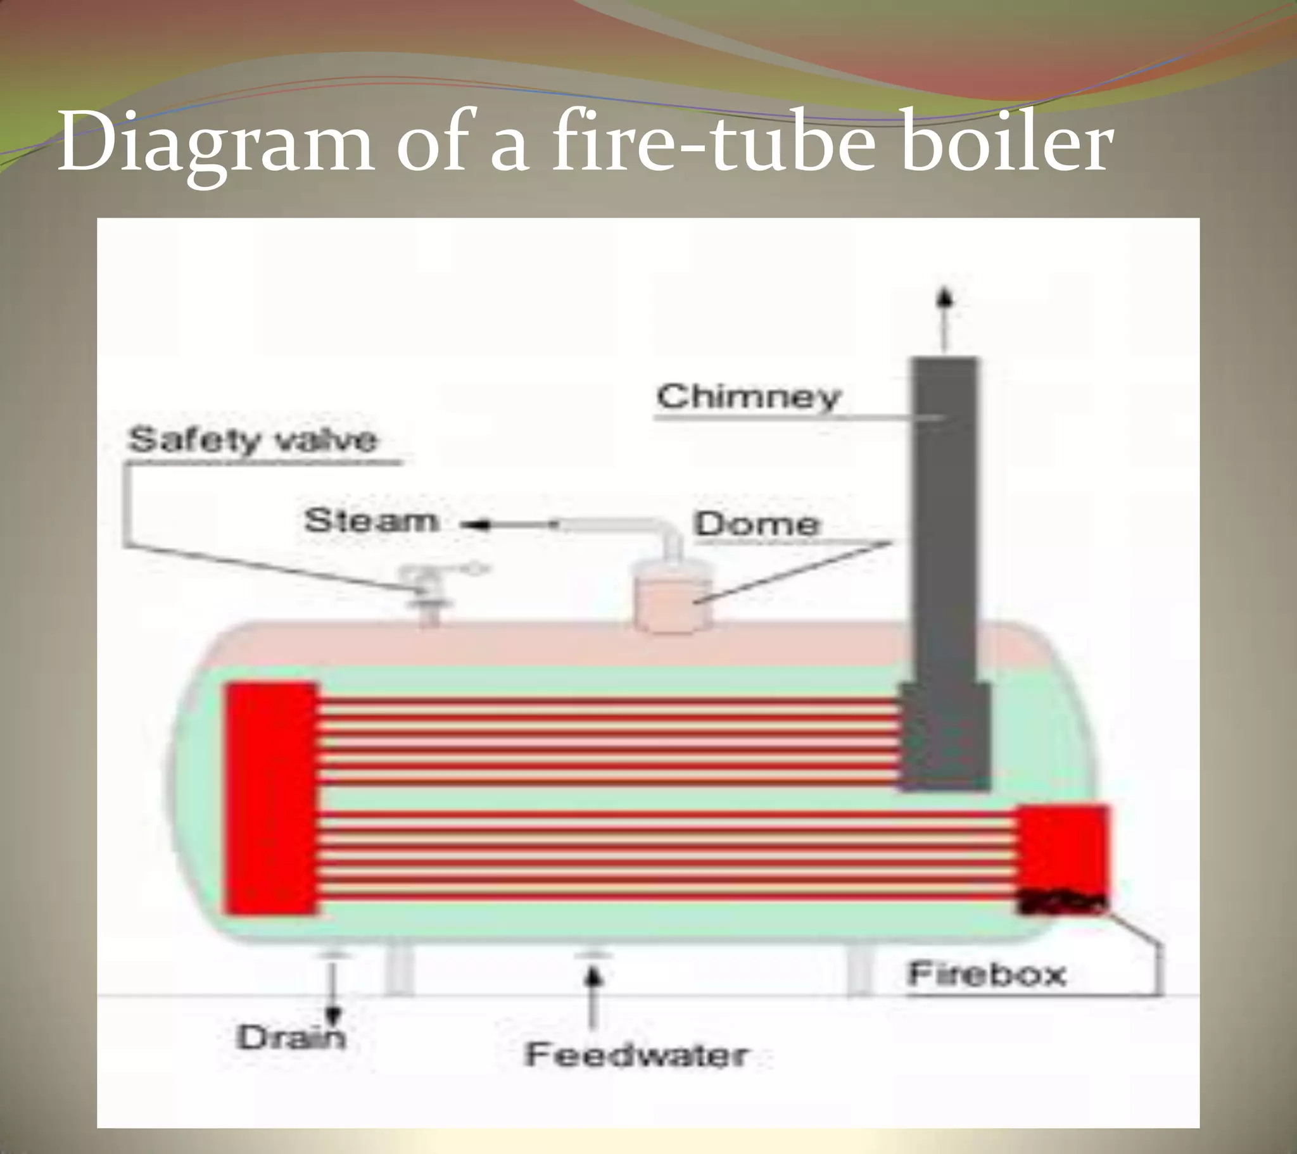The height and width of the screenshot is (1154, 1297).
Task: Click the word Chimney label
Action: point(749,397)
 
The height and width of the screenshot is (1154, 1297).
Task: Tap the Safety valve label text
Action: point(252,439)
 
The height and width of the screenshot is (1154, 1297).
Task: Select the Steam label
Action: point(371,521)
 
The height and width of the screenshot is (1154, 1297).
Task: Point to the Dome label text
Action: point(756,524)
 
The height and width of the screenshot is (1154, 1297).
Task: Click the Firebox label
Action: point(986,974)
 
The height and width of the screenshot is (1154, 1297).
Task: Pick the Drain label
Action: point(291,1038)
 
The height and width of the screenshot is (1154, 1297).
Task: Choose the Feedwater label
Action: point(636,1055)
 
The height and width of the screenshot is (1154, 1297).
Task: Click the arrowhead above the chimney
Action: point(946,298)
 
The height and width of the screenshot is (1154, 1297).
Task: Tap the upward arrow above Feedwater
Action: point(593,977)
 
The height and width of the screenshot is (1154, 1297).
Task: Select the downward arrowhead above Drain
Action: point(332,1016)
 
